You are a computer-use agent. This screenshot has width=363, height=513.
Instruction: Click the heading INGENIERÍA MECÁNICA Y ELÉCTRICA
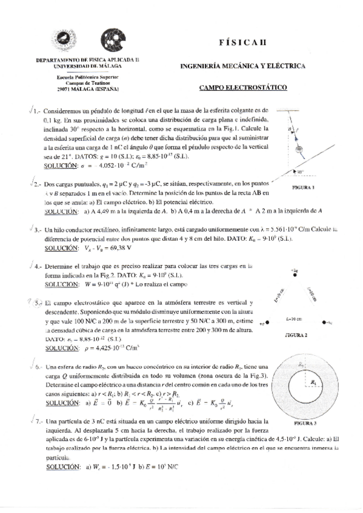pos(242,65)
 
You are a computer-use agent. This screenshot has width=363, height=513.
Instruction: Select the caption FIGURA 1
pos(303,188)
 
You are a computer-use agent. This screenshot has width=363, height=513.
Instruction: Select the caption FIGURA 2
pos(295,335)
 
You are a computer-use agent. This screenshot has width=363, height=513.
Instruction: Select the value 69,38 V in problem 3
pos(115,248)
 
